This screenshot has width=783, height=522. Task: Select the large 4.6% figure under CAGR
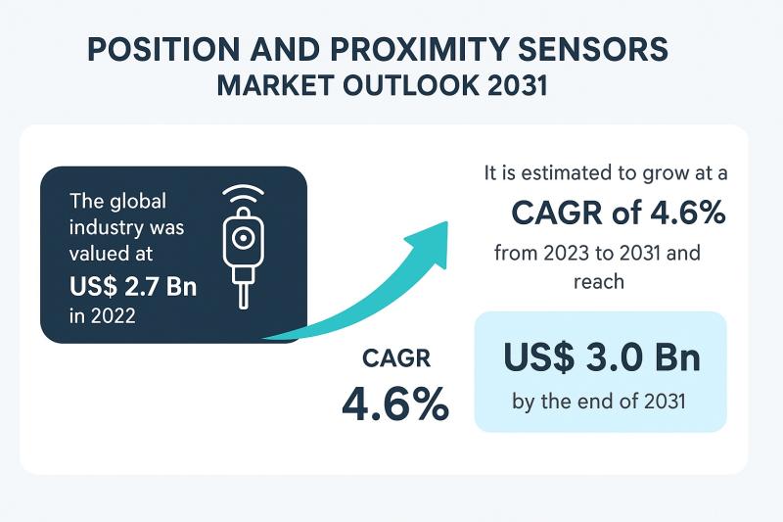(394, 403)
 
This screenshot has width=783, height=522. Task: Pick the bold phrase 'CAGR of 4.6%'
(618, 212)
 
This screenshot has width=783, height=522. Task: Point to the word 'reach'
(599, 282)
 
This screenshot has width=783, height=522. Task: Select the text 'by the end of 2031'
(600, 400)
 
